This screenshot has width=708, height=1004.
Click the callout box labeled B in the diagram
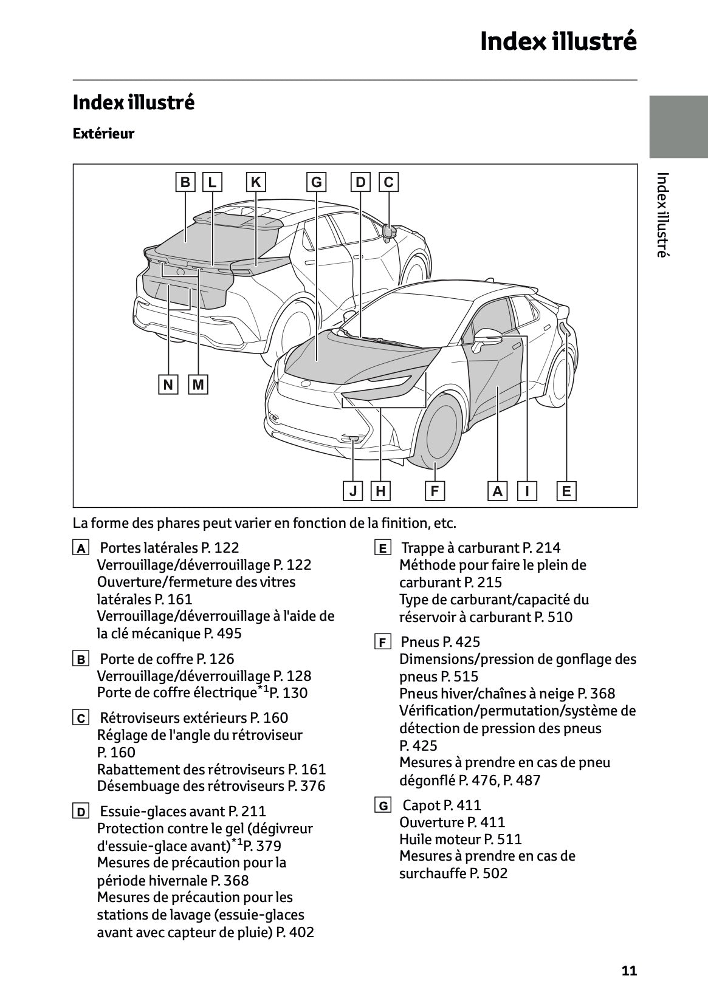185,182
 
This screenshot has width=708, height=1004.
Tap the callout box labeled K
256,182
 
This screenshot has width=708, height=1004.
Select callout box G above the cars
316,182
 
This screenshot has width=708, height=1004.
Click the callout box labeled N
168,384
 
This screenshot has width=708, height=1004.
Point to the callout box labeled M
198,384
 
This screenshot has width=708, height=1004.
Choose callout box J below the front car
353,491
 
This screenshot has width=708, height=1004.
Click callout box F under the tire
435,491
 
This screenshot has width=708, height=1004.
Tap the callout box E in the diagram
566,491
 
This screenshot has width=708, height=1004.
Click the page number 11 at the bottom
629,971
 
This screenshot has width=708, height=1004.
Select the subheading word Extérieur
103,134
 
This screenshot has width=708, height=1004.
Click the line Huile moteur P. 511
460,839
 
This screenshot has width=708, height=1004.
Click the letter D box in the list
80,811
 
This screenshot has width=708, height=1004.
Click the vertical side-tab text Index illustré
663,215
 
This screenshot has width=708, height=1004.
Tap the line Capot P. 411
442,805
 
